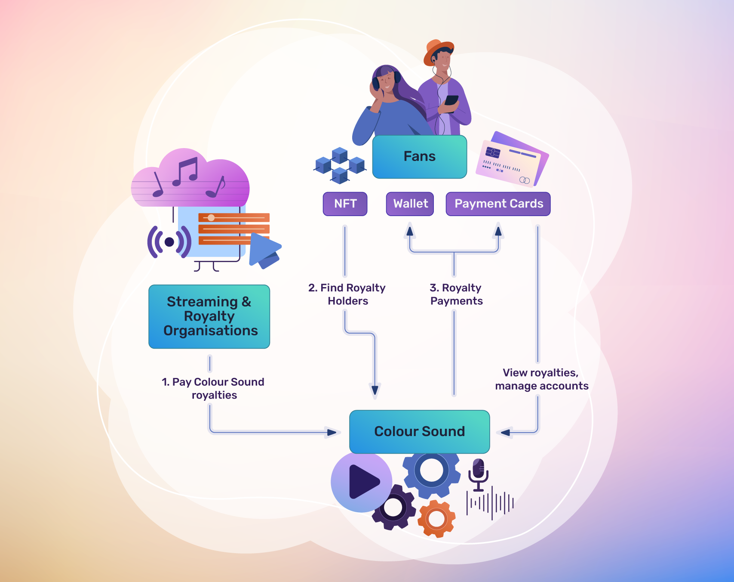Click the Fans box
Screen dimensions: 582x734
(419, 157)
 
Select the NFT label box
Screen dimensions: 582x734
(345, 204)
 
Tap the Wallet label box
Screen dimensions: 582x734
(410, 204)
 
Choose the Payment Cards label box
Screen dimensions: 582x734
(498, 204)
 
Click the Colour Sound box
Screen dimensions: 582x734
(419, 431)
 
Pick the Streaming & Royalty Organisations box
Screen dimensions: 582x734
(209, 316)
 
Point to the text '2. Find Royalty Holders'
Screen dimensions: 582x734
(347, 294)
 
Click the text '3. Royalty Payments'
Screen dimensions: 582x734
(456, 294)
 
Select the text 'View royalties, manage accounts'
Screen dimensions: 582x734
(541, 379)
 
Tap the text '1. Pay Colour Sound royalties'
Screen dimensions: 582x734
(213, 388)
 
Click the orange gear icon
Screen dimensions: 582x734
(437, 518)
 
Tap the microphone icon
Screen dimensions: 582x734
(478, 474)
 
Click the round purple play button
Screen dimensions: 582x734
(361, 482)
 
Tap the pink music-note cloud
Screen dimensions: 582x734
(190, 179)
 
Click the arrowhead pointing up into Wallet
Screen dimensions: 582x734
(410, 231)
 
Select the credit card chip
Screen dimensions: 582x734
(493, 152)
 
